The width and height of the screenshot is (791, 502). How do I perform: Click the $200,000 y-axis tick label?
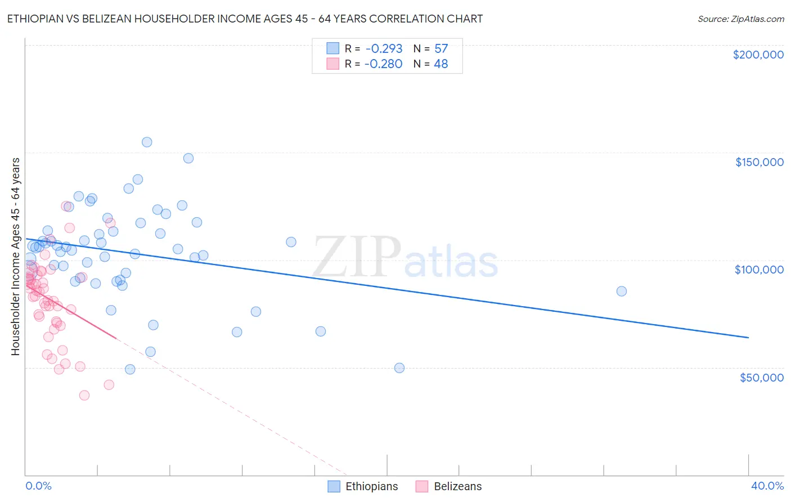point(758,55)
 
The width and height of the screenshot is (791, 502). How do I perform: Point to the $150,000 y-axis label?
point(759,162)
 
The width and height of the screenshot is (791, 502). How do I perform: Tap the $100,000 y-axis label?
point(759,270)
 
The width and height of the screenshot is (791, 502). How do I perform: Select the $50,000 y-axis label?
point(761,377)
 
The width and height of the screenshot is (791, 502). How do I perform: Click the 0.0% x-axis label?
point(38,486)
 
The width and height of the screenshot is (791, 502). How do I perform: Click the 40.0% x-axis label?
point(767,486)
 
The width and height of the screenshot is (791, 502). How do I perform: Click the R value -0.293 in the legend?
point(383,49)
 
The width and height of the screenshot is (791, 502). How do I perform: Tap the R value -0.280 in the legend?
point(383,64)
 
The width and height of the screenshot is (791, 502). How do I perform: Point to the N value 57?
point(441,49)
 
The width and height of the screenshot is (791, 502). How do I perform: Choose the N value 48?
point(441,64)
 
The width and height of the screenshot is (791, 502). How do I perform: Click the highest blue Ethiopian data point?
point(147,142)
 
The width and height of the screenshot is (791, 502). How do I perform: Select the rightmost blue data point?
point(621,292)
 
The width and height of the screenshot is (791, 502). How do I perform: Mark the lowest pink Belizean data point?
point(84,395)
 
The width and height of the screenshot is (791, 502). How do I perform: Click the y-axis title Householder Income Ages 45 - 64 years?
point(16,257)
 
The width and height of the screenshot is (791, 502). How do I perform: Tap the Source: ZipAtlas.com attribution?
point(740,19)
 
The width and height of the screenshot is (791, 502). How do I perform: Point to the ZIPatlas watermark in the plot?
point(405,258)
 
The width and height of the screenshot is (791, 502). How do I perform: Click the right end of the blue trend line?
point(748,338)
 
